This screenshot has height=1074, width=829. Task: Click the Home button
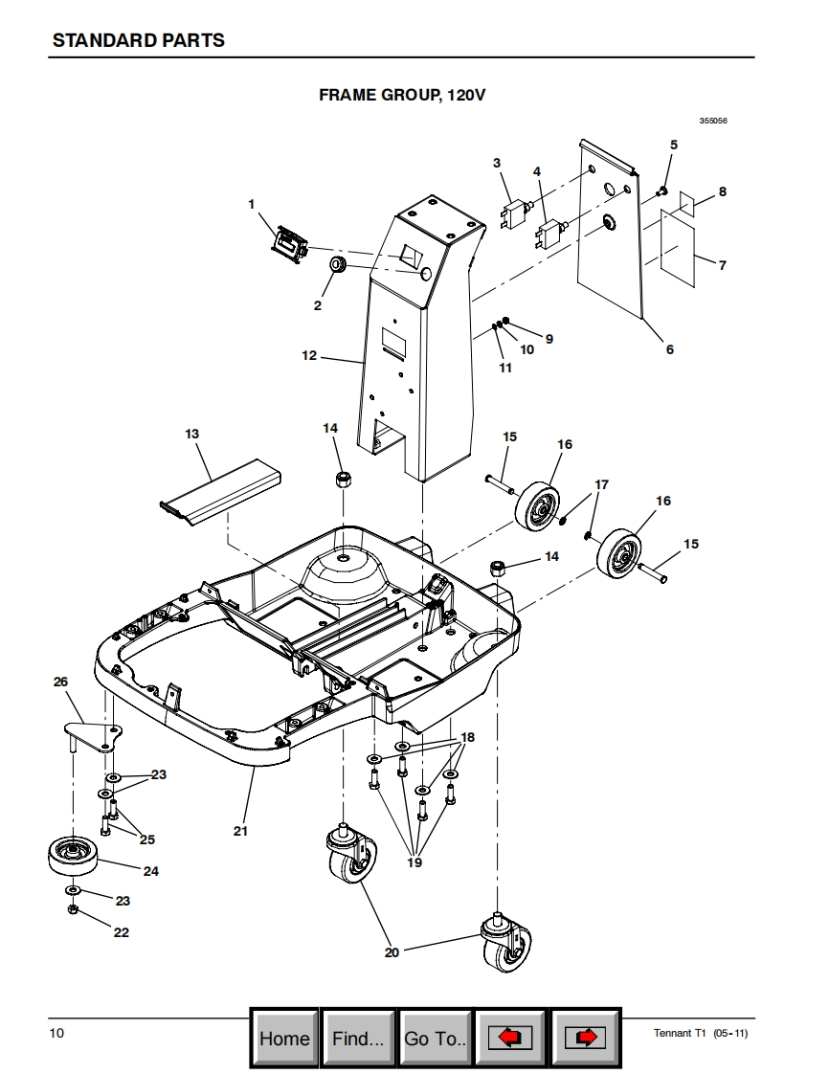pos(284,1038)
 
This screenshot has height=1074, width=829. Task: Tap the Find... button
pos(358,1038)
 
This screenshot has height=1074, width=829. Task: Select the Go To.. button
pos(435,1038)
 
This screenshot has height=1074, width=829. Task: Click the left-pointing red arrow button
pos(509,1038)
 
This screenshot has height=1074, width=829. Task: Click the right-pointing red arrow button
pos(585,1038)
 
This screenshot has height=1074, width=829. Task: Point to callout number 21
pos(239,831)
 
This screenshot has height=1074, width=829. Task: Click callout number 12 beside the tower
pos(309,355)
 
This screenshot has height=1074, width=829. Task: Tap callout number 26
pos(61,682)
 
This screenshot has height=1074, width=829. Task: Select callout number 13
pos(191,434)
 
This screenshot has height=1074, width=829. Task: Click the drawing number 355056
pos(713,121)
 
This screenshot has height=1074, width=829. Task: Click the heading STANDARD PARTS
pos(139,40)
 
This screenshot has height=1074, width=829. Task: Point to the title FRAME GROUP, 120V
pos(402,95)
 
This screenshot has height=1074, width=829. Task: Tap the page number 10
pos(56,1033)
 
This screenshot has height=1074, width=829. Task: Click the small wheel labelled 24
pos(73,856)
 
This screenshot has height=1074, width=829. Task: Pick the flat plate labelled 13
pos(220,492)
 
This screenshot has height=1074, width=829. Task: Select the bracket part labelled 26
pos(93,737)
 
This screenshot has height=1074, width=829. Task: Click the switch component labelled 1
pos(290,243)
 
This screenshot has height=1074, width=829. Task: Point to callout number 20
pos(392,952)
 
